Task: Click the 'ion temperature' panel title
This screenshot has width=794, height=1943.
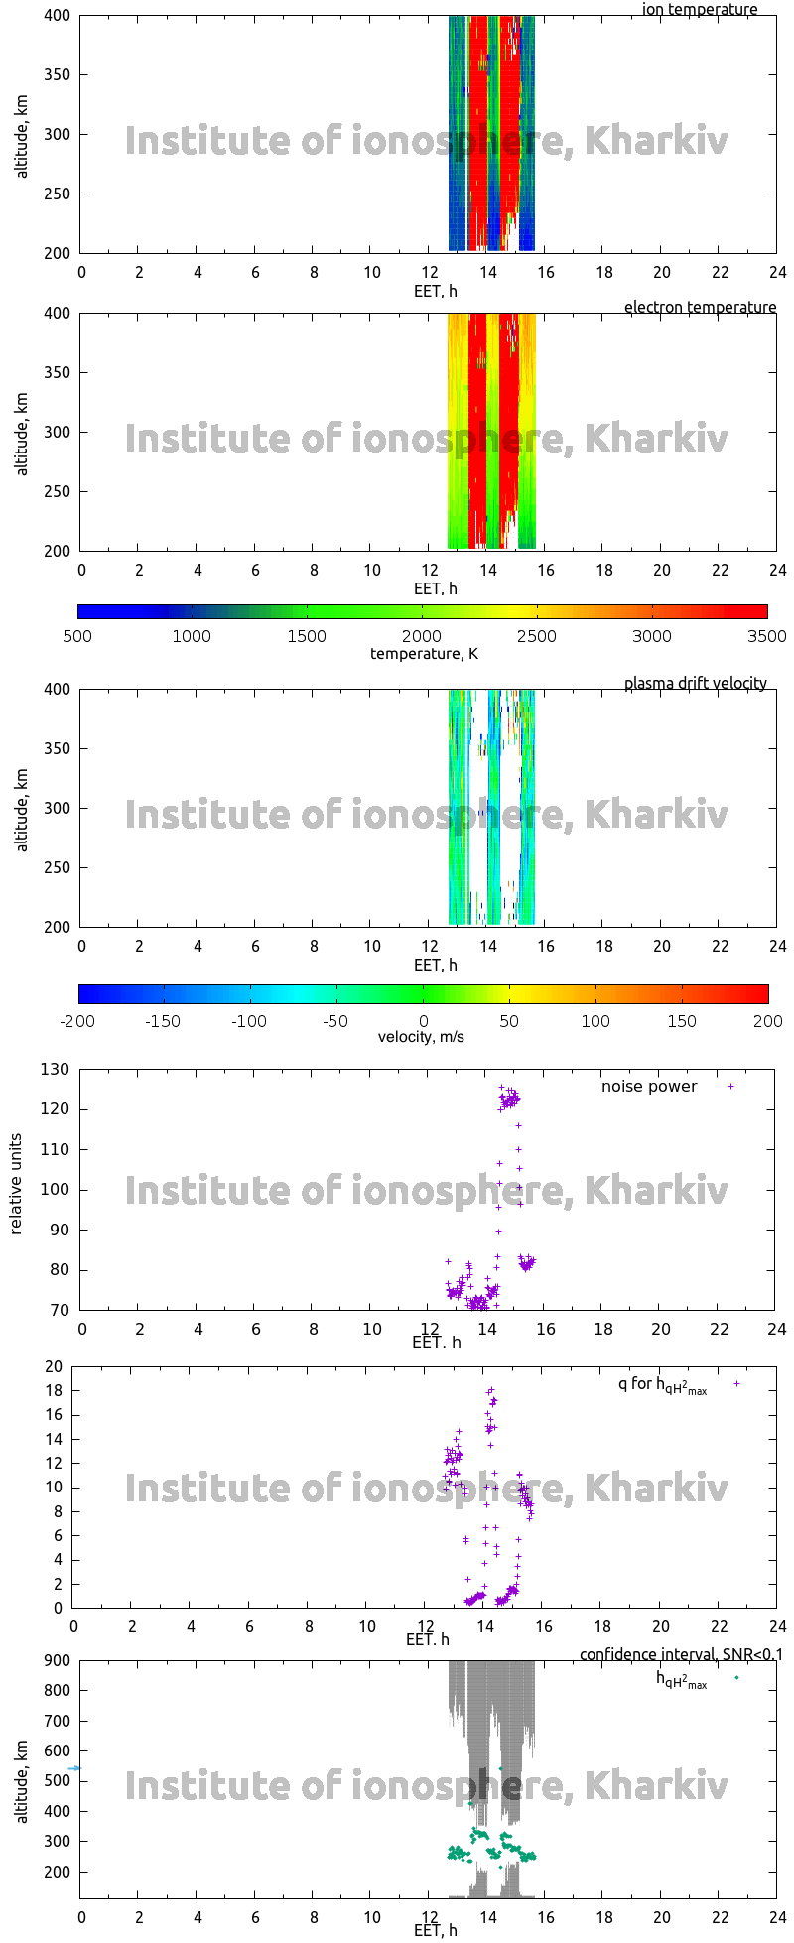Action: (699, 9)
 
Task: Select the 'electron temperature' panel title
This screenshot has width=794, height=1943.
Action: (700, 307)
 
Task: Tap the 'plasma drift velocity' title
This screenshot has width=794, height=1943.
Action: (695, 683)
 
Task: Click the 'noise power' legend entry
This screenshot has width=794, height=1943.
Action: (648, 1086)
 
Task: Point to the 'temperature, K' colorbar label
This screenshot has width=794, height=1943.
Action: (424, 653)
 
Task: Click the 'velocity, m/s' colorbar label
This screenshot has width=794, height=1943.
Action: (421, 1037)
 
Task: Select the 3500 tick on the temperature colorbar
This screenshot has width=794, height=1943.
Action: (766, 636)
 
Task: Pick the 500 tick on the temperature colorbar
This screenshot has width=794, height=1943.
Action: (77, 636)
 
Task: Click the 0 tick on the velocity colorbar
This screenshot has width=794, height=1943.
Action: (424, 1021)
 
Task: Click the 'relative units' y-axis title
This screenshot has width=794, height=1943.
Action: (16, 1189)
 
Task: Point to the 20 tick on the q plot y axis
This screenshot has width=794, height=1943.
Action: (54, 1366)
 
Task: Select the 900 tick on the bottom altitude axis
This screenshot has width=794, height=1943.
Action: (58, 1661)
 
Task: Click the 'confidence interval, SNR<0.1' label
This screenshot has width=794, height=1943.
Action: (681, 1654)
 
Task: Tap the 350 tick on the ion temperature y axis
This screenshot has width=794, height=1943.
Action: (58, 74)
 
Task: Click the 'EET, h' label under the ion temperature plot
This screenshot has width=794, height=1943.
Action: (435, 291)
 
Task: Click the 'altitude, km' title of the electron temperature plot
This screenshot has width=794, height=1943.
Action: (22, 433)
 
